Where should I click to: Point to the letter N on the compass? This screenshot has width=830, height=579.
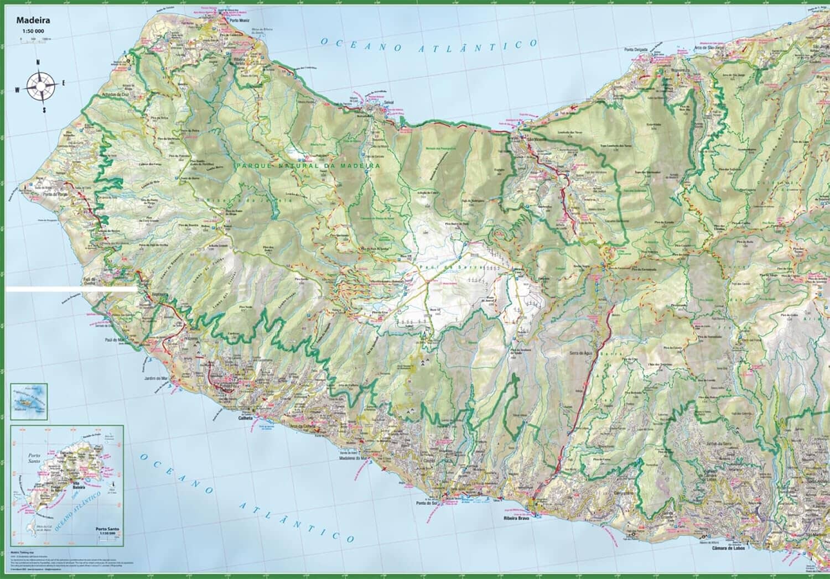38,62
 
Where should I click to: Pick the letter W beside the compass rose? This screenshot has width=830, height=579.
17,89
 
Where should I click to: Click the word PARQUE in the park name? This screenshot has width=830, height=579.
252,165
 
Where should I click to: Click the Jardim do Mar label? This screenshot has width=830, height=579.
155,378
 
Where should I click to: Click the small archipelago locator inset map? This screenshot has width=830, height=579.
29,401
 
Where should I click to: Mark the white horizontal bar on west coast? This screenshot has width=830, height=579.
71,289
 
